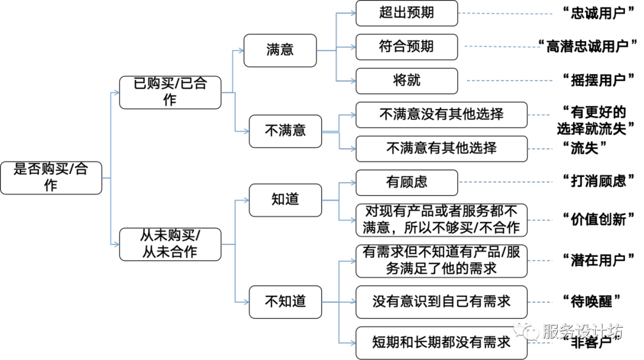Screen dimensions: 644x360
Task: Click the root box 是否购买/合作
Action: [x=51, y=178]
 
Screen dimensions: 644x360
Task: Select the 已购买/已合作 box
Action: [x=170, y=92]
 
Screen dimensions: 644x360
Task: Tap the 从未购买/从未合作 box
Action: [x=170, y=244]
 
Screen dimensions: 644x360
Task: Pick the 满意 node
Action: [x=280, y=51]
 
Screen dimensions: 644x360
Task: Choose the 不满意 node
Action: [x=285, y=131]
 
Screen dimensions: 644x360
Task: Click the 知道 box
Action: [x=285, y=200]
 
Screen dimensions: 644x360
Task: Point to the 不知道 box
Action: [x=285, y=302]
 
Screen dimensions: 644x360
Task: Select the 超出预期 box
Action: [x=407, y=13]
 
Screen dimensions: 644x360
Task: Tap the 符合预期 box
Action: [x=407, y=47]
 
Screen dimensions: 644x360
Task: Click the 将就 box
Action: [x=407, y=81]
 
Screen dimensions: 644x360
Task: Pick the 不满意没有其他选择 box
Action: [x=441, y=115]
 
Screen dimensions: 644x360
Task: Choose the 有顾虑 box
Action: [x=407, y=182]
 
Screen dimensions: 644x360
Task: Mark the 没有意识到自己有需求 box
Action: [x=441, y=302]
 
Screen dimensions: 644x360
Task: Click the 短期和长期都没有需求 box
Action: [x=441, y=343]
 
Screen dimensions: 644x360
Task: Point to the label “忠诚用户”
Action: [x=599, y=13]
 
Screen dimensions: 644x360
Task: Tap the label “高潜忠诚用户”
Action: [x=587, y=46]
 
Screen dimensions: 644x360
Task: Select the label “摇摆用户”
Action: [x=599, y=80]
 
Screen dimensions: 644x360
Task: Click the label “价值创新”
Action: [x=599, y=219]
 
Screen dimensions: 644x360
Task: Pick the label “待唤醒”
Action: [x=592, y=302]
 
